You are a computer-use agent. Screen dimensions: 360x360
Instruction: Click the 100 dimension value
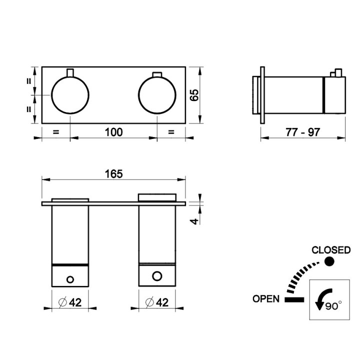click(x=114, y=132)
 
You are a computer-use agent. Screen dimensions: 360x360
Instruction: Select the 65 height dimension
click(x=194, y=95)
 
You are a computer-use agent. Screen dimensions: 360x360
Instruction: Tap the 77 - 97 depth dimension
click(x=302, y=132)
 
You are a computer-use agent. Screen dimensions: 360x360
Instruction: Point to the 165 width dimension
click(x=114, y=174)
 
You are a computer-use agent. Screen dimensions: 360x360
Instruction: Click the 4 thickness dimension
click(x=194, y=221)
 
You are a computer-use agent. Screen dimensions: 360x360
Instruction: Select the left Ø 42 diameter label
click(x=70, y=302)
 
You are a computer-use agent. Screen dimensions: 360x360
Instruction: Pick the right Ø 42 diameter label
click(x=157, y=302)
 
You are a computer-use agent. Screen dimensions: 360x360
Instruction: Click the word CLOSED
click(x=331, y=250)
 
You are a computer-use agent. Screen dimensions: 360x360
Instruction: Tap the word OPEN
click(x=266, y=298)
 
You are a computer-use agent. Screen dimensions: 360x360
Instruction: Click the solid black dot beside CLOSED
click(x=329, y=261)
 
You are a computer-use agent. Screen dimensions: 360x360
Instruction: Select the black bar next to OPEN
click(x=294, y=299)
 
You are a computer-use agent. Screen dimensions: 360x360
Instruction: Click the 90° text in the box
click(x=333, y=306)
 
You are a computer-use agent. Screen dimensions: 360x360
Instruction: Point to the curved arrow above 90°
click(x=323, y=298)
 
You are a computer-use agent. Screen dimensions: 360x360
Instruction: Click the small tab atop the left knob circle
click(x=70, y=72)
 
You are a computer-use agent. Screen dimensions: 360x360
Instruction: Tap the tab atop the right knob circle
click(x=157, y=74)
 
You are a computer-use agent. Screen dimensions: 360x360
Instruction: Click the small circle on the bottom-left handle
click(x=70, y=279)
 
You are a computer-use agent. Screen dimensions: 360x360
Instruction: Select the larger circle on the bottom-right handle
click(x=157, y=276)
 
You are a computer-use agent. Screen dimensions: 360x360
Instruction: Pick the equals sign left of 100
click(x=56, y=132)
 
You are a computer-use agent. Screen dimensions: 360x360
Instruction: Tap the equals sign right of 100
click(x=171, y=132)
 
